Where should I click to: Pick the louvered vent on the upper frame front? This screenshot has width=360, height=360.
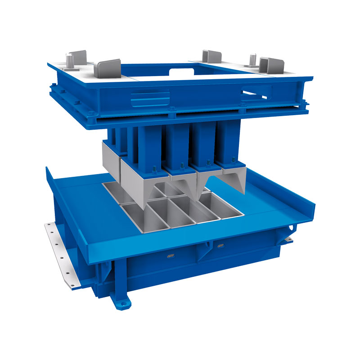click(148, 97)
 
